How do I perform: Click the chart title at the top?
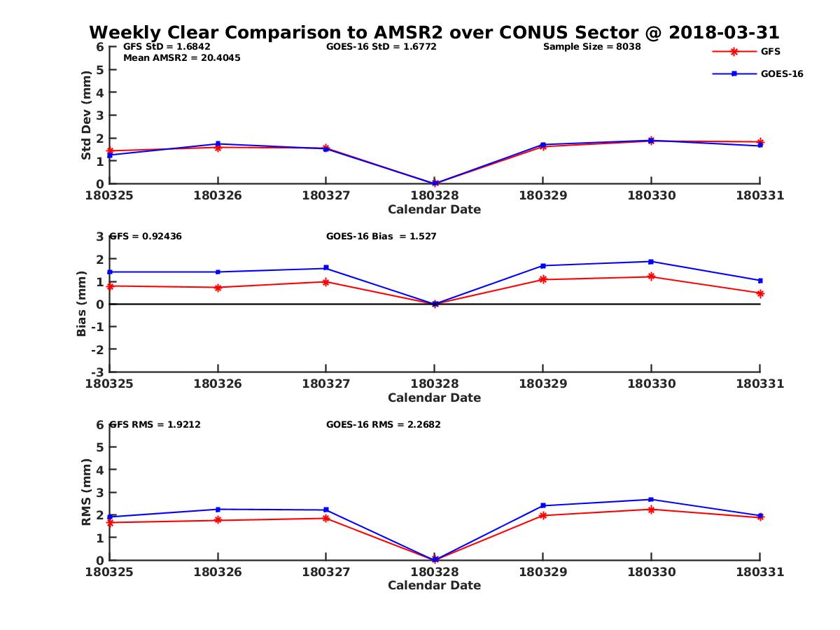(434, 33)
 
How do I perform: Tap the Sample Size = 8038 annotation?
(591, 47)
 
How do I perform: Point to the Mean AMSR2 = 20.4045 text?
(181, 58)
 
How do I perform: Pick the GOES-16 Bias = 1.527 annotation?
(381, 237)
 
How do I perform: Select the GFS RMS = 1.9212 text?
(155, 424)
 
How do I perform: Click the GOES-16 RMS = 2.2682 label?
(383, 424)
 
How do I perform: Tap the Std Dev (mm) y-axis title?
(86, 115)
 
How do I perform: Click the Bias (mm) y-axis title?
(82, 304)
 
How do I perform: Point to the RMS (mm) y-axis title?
(86, 492)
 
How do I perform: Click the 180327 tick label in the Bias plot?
(325, 384)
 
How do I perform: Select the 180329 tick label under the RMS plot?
(542, 571)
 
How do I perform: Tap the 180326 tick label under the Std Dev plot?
(218, 195)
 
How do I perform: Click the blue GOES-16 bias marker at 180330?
(651, 262)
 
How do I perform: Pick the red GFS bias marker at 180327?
(325, 281)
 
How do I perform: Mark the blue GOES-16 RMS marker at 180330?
(651, 499)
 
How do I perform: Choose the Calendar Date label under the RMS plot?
(434, 585)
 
